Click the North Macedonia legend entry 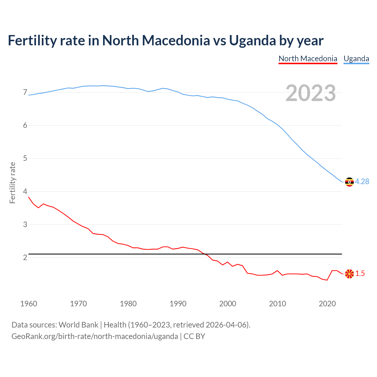pos(308,59)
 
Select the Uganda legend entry pos(356,59)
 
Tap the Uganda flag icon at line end pos(349,182)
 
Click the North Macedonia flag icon pos(349,274)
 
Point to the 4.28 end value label pos(362,182)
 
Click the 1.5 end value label pos(360,274)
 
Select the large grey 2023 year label pos(311,93)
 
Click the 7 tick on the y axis pos(25,92)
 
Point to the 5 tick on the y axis pos(25,158)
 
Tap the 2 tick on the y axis pos(25,257)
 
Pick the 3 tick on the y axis pos(25,224)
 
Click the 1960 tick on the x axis pos(29,304)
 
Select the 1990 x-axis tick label pos(178,304)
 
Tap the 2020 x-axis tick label pos(327,304)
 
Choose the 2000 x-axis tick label pos(228,304)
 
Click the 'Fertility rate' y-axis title pos(12,183)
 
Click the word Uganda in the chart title pos(252,41)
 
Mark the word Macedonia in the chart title pos(176,41)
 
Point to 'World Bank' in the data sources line pos(78,325)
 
